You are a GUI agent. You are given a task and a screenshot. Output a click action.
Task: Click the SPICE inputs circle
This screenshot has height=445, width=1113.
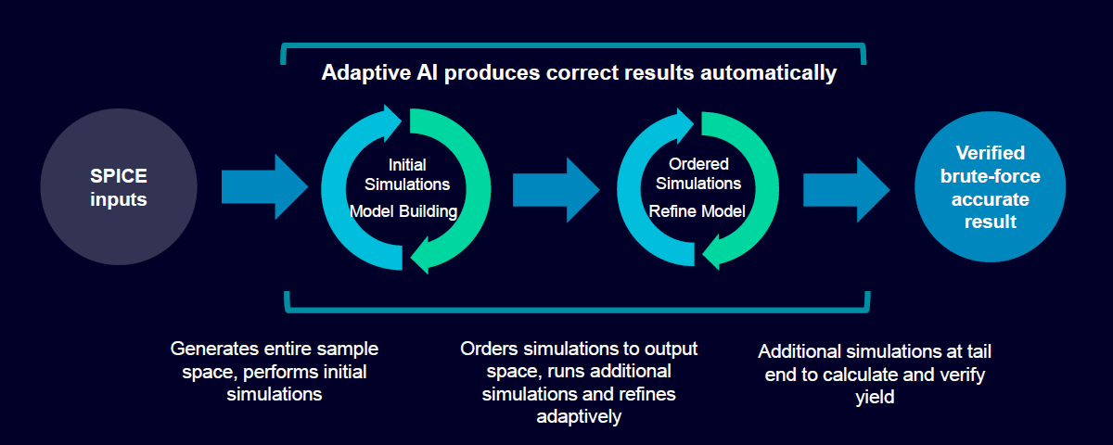(119, 187)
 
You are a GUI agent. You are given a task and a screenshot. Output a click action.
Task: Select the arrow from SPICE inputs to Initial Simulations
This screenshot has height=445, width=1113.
(263, 187)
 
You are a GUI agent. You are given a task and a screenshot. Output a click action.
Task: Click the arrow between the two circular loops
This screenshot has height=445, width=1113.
(556, 187)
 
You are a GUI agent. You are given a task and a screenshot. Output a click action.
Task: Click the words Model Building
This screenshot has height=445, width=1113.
(403, 211)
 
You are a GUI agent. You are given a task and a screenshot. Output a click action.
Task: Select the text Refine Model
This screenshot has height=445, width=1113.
(697, 211)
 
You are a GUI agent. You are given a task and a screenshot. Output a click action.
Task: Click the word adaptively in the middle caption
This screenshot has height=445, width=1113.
(579, 417)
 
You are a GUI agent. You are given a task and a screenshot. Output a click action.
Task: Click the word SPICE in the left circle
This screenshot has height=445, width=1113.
(119, 176)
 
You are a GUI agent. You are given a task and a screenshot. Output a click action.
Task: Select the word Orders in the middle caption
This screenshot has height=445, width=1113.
(493, 350)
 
